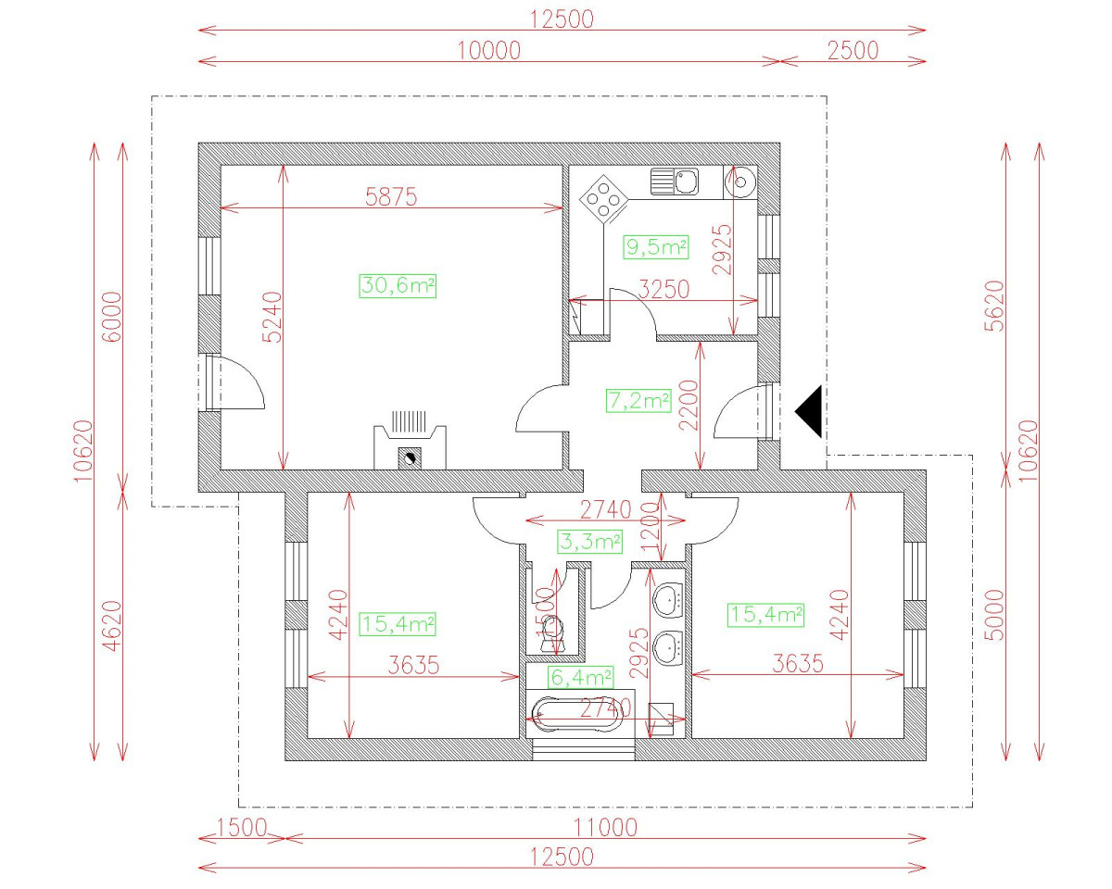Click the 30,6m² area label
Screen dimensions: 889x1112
tap(398, 285)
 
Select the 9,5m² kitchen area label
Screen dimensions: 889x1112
tap(657, 247)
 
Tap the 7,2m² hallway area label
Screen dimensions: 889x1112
tap(638, 401)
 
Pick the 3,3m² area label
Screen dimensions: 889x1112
tap(588, 541)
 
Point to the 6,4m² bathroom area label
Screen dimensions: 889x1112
tap(581, 679)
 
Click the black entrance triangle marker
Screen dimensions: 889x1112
tap(809, 411)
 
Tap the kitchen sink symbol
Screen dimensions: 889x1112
tap(675, 182)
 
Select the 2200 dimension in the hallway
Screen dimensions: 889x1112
tap(686, 405)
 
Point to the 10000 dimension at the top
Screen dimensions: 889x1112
tap(489, 51)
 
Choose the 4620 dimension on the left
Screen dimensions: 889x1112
tap(111, 627)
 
